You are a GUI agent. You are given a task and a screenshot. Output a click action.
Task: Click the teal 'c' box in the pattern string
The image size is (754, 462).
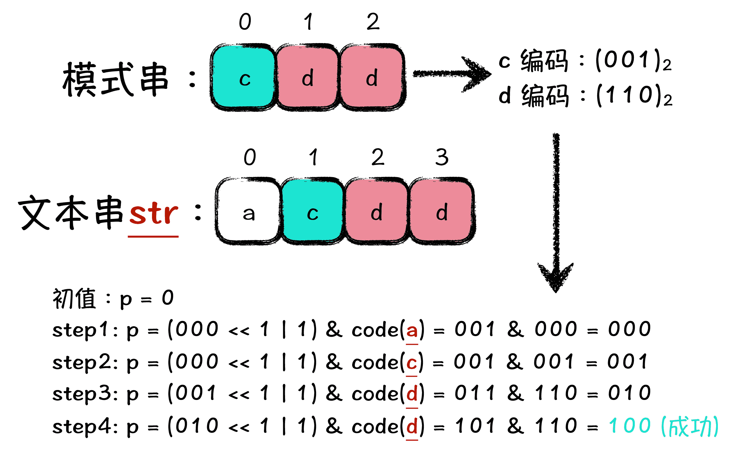tap(244, 77)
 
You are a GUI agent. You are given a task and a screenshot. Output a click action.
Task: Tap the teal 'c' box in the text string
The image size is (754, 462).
tap(312, 211)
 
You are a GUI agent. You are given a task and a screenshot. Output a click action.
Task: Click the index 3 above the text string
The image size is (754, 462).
tap(442, 158)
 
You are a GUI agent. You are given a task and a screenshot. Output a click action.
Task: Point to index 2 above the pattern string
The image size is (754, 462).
tap(373, 22)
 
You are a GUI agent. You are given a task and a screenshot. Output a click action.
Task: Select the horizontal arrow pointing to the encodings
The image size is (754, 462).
tap(451, 74)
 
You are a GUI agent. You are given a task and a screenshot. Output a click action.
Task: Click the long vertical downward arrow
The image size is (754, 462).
tap(556, 211)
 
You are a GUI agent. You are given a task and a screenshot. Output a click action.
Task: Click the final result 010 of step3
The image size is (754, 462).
tap(629, 393)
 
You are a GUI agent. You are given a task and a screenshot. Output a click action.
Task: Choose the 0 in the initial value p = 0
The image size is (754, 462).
tap(168, 298)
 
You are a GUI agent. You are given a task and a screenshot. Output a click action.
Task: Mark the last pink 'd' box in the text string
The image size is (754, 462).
tap(442, 211)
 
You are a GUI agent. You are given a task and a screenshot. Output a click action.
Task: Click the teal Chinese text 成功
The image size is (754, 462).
tap(689, 426)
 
